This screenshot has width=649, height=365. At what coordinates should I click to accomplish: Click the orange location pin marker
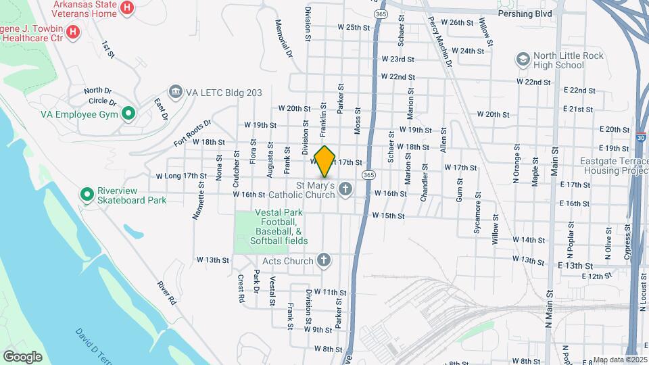(x=325, y=161)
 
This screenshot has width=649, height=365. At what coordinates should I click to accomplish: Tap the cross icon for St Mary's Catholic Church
(x=345, y=189)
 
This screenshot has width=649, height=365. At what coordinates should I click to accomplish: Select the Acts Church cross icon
(x=324, y=260)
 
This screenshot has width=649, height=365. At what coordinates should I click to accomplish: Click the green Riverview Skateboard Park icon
(x=87, y=195)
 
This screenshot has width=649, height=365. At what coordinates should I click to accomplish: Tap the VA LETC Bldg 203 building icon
(x=176, y=92)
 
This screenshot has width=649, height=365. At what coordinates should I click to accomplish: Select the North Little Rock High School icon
(x=523, y=60)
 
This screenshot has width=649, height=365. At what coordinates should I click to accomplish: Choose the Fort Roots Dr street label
(x=192, y=133)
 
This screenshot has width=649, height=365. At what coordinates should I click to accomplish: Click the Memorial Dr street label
(x=284, y=38)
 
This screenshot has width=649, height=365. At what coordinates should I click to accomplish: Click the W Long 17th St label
(x=181, y=176)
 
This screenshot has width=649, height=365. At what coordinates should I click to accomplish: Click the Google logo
(x=23, y=356)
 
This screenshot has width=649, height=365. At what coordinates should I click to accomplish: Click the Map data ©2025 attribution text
(x=619, y=360)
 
